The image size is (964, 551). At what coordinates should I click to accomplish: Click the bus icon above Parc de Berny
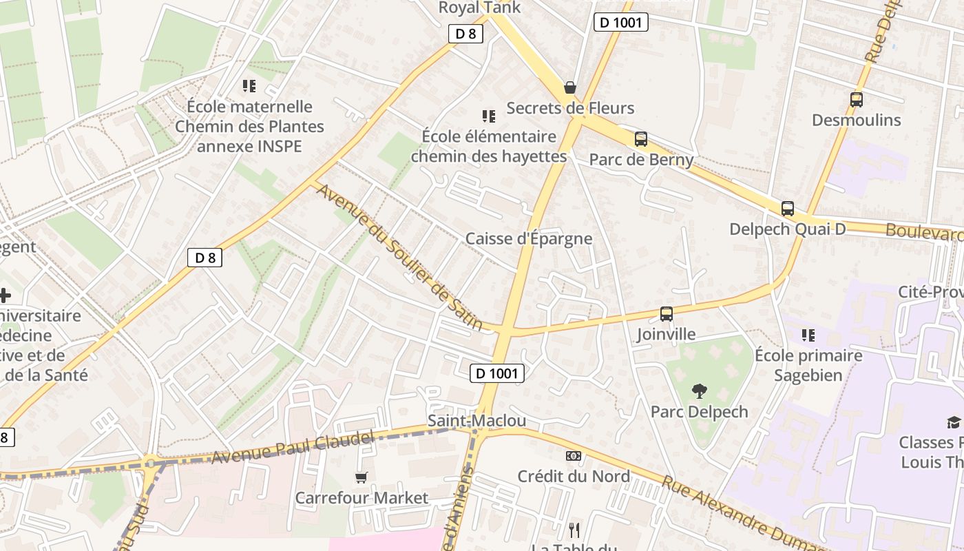pyautogui.click(x=640, y=139)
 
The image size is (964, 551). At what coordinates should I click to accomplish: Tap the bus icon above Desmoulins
pyautogui.click(x=856, y=100)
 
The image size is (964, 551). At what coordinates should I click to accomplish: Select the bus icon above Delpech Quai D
pyautogui.click(x=787, y=209)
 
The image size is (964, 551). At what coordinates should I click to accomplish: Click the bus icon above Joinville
pyautogui.click(x=666, y=314)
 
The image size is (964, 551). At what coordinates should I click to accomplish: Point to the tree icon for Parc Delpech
pyautogui.click(x=700, y=391)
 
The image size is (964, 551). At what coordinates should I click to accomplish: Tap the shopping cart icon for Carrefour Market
pyautogui.click(x=361, y=477)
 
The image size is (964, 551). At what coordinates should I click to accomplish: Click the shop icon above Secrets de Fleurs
pyautogui.click(x=569, y=87)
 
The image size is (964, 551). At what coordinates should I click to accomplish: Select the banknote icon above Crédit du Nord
pyautogui.click(x=573, y=456)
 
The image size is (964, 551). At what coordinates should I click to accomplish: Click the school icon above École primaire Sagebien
pyautogui.click(x=808, y=335)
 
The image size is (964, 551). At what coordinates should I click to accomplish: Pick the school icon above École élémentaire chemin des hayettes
pyautogui.click(x=488, y=116)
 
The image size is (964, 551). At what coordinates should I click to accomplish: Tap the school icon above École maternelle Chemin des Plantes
pyautogui.click(x=249, y=86)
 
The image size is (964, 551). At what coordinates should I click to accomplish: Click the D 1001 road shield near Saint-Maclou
pyautogui.click(x=497, y=373)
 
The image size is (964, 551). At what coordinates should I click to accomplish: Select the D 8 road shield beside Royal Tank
pyautogui.click(x=465, y=34)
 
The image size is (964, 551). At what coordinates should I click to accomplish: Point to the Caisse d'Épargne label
pyautogui.click(x=528, y=239)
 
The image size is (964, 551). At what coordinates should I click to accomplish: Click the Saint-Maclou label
pyautogui.click(x=476, y=421)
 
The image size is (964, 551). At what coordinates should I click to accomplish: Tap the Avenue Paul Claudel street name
pyautogui.click(x=293, y=447)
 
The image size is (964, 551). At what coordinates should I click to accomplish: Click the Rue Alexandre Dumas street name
pyautogui.click(x=733, y=510)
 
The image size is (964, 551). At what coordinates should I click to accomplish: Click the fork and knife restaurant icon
pyautogui.click(x=574, y=530)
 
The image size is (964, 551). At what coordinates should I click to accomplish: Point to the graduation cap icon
pyautogui.click(x=954, y=422)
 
